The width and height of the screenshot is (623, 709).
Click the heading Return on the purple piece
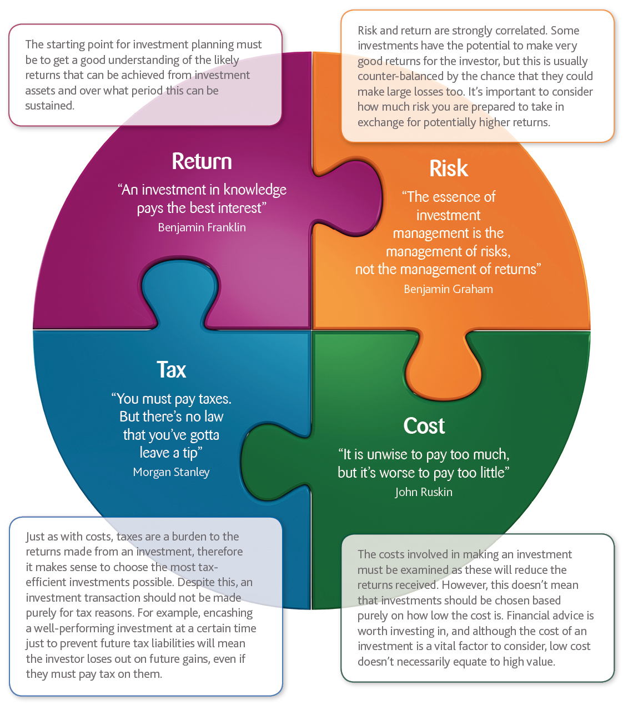pos(202,161)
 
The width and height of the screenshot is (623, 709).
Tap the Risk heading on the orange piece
pos(449,168)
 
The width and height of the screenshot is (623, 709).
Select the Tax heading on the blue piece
pos(171,370)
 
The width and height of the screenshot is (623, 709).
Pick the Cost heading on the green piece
pos(424,426)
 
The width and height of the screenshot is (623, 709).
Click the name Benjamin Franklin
pos(202,227)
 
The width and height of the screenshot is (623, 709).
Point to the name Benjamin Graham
pos(448,289)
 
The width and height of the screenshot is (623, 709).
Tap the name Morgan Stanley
pos(171,472)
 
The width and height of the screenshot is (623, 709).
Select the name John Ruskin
pos(424,492)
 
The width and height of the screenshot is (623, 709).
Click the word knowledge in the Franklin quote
pos(255,190)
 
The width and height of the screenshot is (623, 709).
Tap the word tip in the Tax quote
pos(190,453)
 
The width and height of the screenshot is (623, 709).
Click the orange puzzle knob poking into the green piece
pos(444,367)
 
